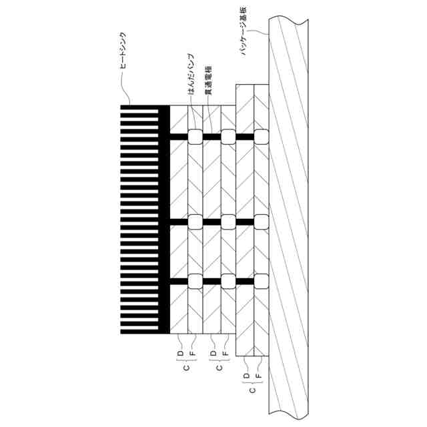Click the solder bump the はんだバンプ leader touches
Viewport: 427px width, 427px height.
pos(195,137)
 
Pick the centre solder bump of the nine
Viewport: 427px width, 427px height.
pos(228,222)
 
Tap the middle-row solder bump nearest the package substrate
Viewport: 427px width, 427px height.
pos(261,222)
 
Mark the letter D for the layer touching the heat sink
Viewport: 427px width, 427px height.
pos(180,352)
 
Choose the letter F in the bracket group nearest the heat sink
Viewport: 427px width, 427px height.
pos(193,352)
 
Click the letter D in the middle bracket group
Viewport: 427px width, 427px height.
pos(213,352)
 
